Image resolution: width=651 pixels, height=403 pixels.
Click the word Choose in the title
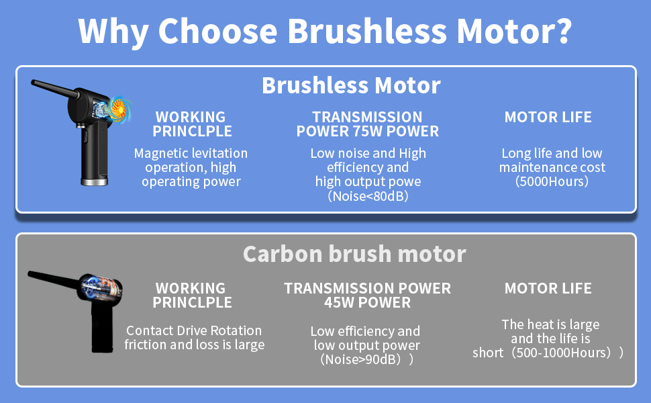(217, 31)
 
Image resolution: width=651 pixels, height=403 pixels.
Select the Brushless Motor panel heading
(351, 85)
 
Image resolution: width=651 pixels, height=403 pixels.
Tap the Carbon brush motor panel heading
(354, 254)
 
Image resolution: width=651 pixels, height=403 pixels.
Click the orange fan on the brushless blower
(117, 109)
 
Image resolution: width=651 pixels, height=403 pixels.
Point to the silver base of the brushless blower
(94, 181)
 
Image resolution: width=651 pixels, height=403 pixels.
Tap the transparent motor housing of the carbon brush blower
(100, 287)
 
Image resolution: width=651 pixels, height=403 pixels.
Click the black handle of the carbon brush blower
(102, 328)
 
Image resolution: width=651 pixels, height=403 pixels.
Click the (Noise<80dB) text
(368, 195)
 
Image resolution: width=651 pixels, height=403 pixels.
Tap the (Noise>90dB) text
(360, 359)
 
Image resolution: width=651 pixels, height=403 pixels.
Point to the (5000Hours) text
(552, 181)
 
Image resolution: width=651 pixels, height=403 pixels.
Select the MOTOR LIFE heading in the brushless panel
(548, 117)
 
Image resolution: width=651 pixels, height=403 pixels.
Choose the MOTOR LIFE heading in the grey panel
(548, 288)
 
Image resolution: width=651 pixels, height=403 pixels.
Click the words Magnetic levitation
(191, 153)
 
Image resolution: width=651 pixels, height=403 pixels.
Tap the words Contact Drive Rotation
(194, 330)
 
